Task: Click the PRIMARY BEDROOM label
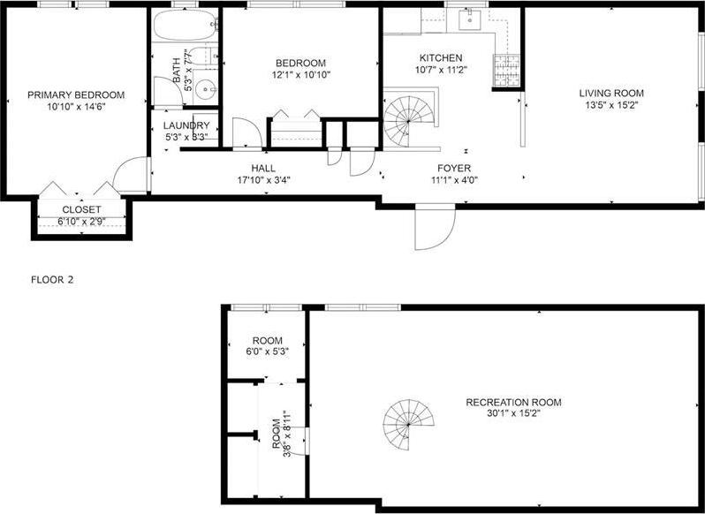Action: click(75, 94)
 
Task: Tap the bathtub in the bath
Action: click(184, 26)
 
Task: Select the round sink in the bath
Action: click(206, 88)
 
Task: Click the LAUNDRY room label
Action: click(186, 125)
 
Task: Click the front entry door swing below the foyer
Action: click(434, 227)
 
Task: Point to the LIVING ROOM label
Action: click(611, 93)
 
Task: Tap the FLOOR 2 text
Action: click(53, 279)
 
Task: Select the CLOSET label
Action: click(80, 209)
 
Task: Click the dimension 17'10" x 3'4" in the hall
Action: click(263, 180)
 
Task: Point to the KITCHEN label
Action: click(441, 58)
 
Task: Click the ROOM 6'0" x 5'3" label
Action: click(267, 341)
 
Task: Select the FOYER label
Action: click(454, 168)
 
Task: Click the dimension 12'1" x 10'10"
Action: click(300, 75)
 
